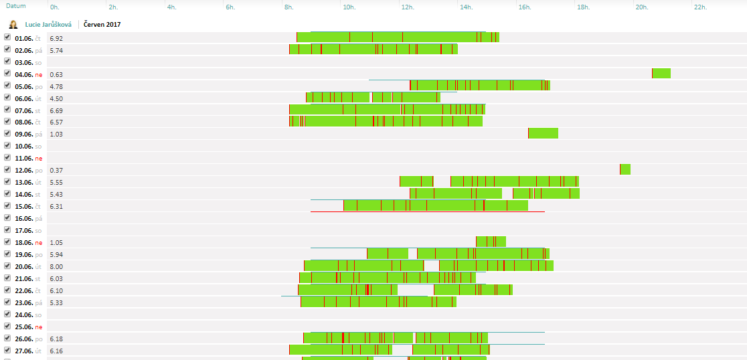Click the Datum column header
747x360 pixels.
tap(16, 6)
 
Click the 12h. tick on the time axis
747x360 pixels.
tap(407, 7)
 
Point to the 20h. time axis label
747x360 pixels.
tap(641, 7)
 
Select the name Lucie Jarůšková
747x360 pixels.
tap(48, 24)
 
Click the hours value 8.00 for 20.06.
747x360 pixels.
tap(56, 266)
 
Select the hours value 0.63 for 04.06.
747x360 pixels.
tap(56, 74)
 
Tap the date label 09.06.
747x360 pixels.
tap(23, 134)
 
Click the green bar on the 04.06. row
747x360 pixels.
tap(661, 74)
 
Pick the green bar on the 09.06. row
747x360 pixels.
tap(543, 133)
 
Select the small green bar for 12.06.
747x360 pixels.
tap(625, 169)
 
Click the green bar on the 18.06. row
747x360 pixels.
tap(491, 242)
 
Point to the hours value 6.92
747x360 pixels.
tap(56, 38)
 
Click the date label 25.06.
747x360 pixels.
tap(23, 327)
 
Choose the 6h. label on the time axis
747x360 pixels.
tap(231, 7)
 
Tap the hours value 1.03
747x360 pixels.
tap(56, 134)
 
